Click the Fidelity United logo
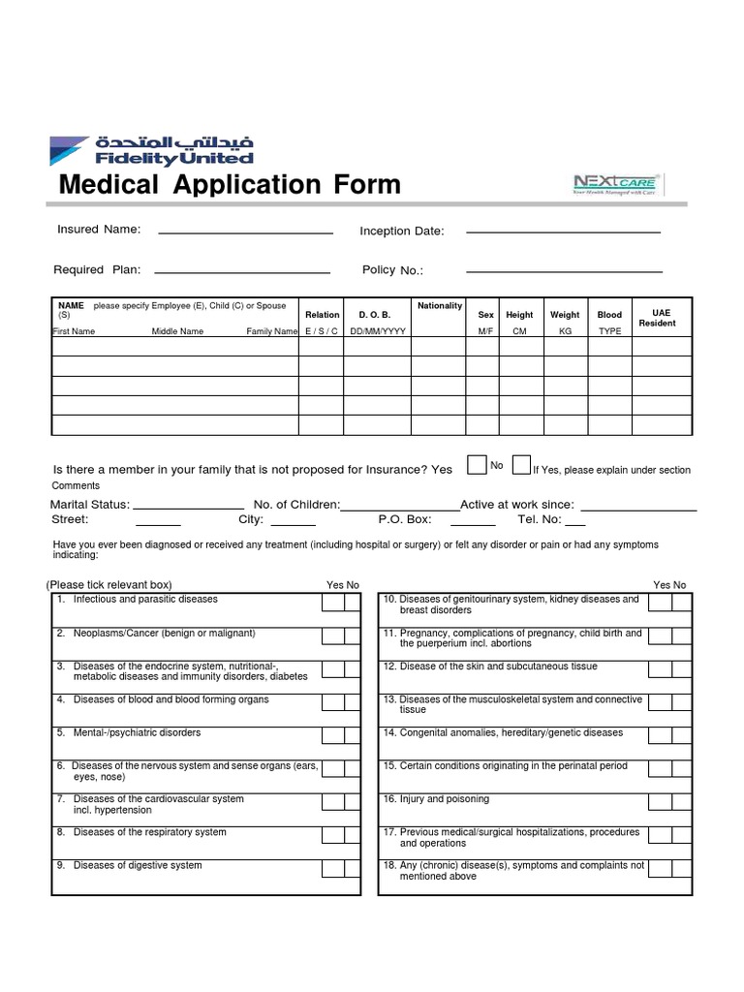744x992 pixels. click(152, 151)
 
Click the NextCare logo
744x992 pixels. click(616, 184)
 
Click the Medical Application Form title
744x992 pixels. click(230, 184)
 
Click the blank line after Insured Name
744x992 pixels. click(245, 232)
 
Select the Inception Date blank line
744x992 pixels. click(563, 232)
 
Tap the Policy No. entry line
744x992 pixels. click(564, 271)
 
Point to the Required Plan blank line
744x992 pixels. click(242, 271)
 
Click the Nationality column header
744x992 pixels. click(440, 306)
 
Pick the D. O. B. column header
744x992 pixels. click(375, 315)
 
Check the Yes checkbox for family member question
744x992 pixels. click(477, 466)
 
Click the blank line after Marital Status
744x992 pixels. click(187, 508)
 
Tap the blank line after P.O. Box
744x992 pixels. click(473, 523)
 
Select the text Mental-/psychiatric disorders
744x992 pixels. click(137, 732)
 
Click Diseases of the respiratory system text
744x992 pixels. click(149, 832)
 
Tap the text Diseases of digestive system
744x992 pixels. click(138, 865)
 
